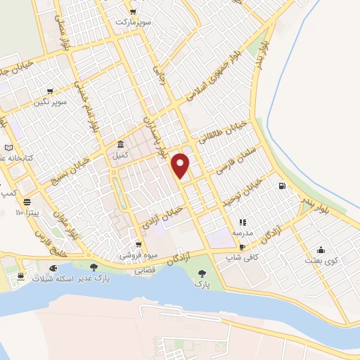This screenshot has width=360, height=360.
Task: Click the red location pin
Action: tap(181, 166)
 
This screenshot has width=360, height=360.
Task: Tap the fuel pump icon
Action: tap(282, 186)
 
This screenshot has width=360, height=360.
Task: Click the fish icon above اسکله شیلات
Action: tap(53, 268)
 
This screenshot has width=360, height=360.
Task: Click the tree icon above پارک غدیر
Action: tap(94, 266)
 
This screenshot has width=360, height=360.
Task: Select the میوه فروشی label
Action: tap(131, 255)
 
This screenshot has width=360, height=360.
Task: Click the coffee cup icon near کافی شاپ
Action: tap(242, 247)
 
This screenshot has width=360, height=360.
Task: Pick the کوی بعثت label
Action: tap(321, 260)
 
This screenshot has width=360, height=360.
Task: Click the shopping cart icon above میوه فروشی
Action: tap(129, 243)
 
